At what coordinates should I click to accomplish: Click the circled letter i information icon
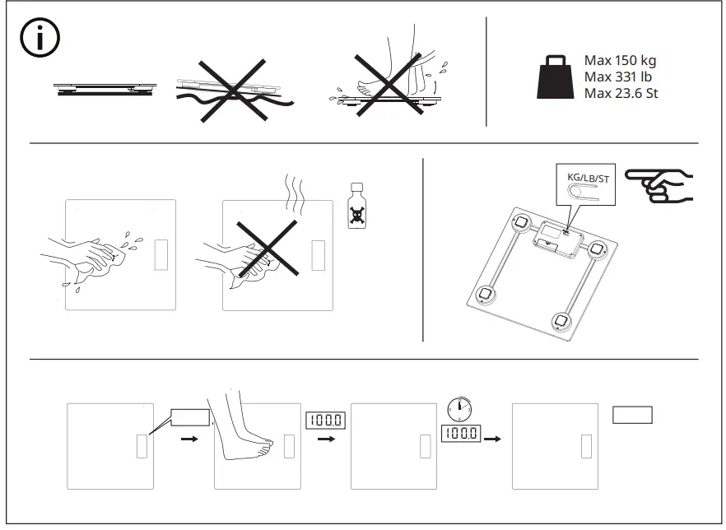(38, 40)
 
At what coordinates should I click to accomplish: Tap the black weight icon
(556, 77)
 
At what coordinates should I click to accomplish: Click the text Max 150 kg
(620, 60)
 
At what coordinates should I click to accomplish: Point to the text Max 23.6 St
(621, 93)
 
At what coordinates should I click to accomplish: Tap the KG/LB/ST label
(589, 178)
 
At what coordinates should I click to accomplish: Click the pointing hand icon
(659, 184)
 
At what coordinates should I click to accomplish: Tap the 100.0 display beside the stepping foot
(325, 421)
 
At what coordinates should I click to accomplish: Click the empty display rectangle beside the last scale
(632, 415)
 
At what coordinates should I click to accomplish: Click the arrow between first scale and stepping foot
(190, 439)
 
